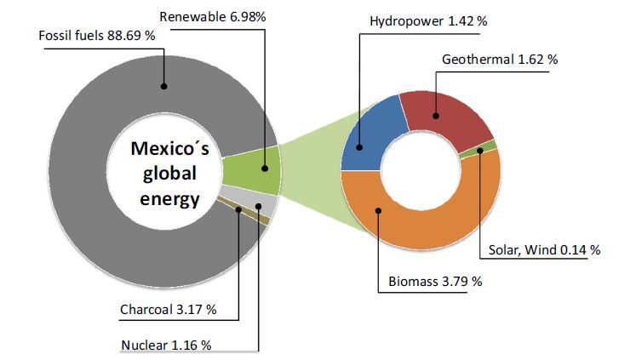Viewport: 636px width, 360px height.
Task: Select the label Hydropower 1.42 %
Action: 428,20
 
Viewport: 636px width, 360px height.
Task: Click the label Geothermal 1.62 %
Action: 500,60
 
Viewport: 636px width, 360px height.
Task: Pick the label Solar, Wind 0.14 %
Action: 544,250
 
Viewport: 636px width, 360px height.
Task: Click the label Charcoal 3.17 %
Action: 168,309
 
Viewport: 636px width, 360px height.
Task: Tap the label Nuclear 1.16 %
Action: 166,345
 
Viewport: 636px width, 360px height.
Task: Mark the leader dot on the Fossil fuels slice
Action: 164,85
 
